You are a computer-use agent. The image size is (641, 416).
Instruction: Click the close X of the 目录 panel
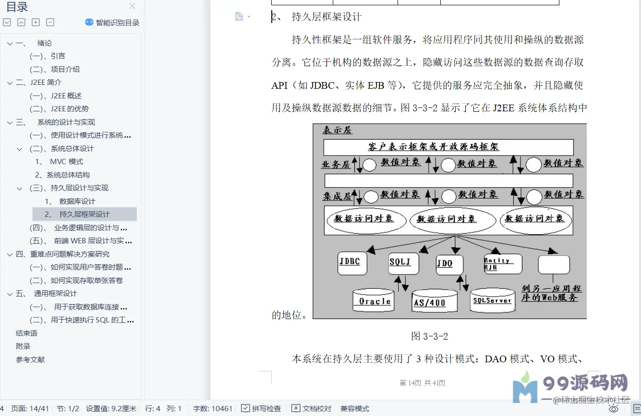[133, 6]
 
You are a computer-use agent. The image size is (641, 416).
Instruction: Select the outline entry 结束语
[26, 333]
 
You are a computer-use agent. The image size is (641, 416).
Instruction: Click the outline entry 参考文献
[30, 359]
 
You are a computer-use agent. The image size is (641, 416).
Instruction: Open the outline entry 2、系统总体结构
[62, 175]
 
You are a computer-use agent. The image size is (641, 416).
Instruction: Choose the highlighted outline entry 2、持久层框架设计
[85, 214]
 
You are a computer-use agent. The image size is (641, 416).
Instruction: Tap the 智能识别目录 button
[112, 23]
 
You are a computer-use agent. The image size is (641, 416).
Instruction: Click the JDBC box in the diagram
[352, 263]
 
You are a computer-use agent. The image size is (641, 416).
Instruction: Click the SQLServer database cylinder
[493, 300]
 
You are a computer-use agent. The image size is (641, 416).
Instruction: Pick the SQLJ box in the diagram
[403, 263]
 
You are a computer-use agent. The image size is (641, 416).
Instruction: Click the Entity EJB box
[502, 264]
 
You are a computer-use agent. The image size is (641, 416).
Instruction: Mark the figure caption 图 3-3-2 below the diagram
[429, 336]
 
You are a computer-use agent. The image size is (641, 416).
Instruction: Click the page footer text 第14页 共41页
[422, 383]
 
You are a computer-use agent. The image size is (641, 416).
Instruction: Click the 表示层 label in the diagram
[337, 130]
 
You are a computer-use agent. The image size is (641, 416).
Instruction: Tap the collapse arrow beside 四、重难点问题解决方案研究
[10, 254]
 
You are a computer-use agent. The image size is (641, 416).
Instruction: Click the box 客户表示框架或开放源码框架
[448, 147]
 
